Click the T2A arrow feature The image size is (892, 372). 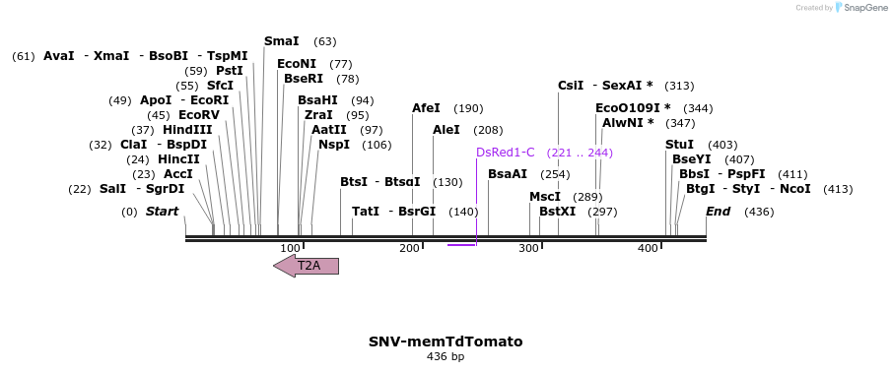[307, 266]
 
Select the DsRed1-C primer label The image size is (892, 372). [505, 153]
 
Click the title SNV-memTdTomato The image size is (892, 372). [446, 341]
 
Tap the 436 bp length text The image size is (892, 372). [446, 356]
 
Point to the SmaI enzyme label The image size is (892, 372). [282, 41]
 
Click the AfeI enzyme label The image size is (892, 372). [426, 108]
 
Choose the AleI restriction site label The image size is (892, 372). [446, 130]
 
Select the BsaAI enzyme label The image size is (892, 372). [508, 174]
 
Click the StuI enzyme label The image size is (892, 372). [679, 145]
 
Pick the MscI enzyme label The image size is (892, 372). [545, 197]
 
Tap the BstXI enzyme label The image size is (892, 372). [557, 212]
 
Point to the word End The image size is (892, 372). [719, 212]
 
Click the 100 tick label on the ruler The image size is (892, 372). [290, 248]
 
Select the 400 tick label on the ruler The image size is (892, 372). [647, 248]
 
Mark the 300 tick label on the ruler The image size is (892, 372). [528, 248]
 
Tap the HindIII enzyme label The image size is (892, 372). [187, 130]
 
